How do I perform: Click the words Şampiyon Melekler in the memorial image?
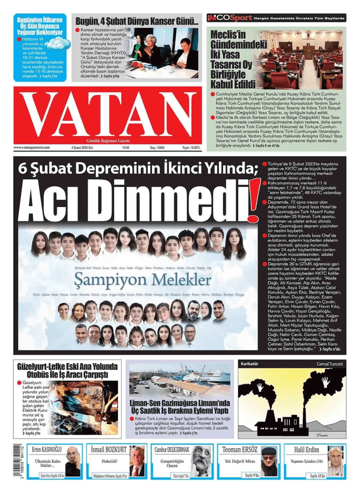pyautogui.click(x=142, y=279)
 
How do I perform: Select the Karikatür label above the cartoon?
pyautogui.click(x=250, y=364)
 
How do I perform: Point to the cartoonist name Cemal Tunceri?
pyautogui.click(x=330, y=364)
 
